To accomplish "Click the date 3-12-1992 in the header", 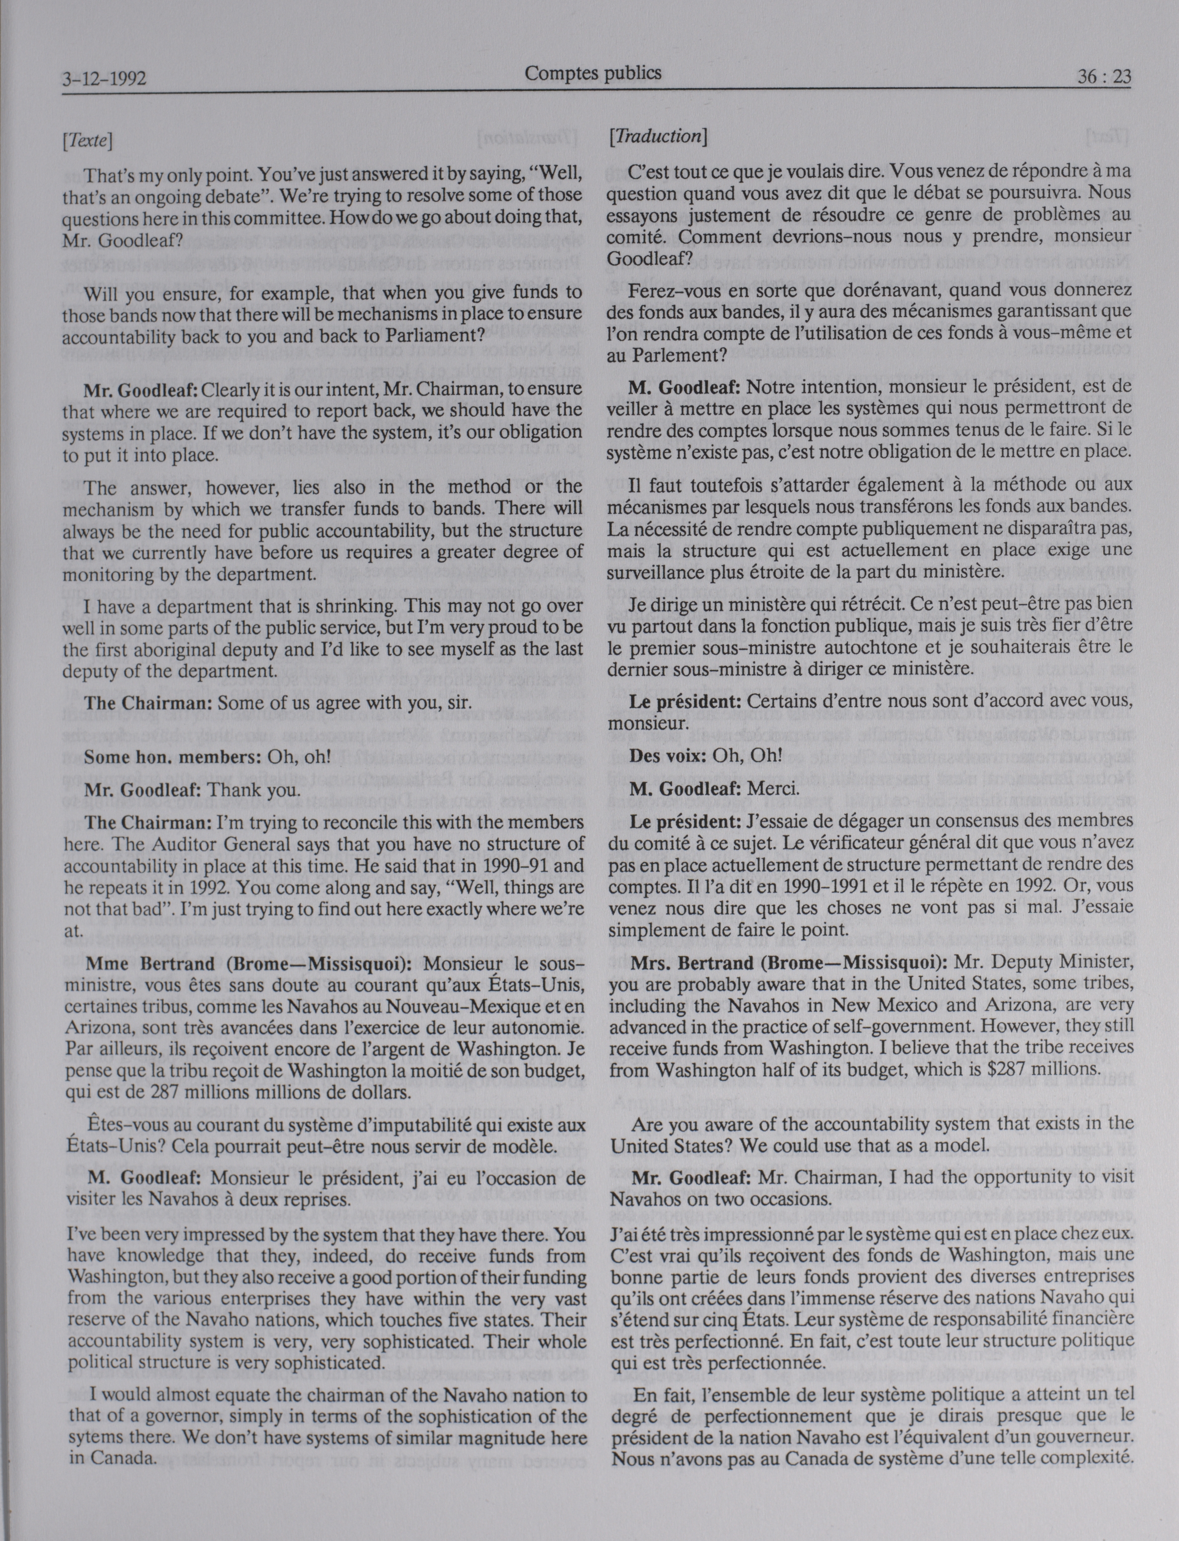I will point(104,79).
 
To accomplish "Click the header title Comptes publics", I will point(593,72).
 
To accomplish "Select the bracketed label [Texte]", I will point(88,140).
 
